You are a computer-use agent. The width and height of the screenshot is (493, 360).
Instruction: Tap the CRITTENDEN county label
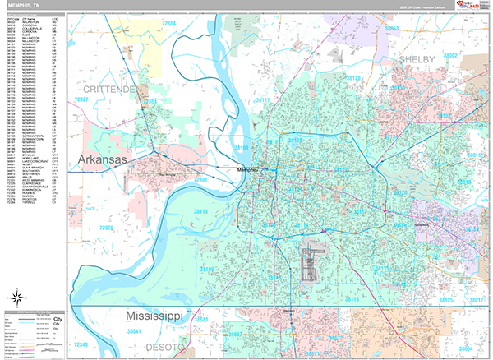(104, 88)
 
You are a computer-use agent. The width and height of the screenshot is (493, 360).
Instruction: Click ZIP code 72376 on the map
(107, 226)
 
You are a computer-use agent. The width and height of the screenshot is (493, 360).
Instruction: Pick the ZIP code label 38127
(263, 99)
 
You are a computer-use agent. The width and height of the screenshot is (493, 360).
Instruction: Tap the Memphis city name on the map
(246, 170)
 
